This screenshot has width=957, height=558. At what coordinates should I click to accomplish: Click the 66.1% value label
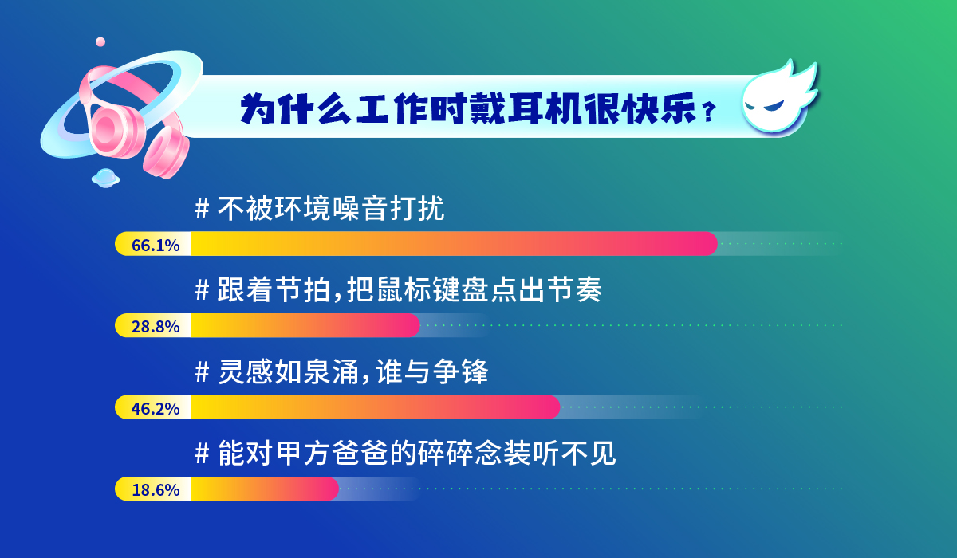point(156,245)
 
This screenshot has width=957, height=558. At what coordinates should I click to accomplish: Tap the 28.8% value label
point(156,327)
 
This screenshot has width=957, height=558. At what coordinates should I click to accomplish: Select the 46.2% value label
point(156,409)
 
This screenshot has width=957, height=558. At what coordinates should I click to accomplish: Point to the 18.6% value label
point(156,490)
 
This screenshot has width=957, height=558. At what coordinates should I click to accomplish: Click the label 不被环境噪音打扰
point(331,209)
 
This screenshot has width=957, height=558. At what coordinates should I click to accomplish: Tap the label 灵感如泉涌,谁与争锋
point(352,371)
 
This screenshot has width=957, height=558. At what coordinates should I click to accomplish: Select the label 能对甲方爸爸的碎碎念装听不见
point(416,454)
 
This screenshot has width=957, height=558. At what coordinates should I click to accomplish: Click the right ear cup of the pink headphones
point(167,152)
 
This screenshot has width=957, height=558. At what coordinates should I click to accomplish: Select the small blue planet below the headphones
point(105,178)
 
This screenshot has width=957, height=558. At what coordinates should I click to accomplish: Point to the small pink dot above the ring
point(100,41)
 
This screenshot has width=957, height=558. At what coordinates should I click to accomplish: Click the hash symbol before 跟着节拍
point(202,290)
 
